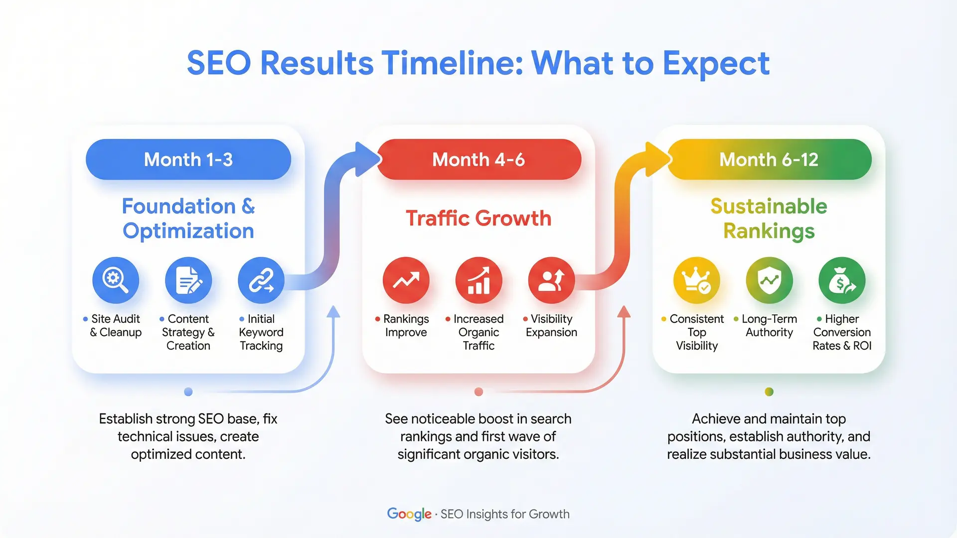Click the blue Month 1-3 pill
tap(188, 159)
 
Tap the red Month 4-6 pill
tap(478, 159)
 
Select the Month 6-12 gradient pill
tap(769, 159)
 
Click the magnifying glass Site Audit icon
tap(116, 280)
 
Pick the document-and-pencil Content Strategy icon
tap(188, 280)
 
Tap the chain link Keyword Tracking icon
tap(261, 280)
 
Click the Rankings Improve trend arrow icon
tap(406, 280)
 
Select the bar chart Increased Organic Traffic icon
tap(478, 280)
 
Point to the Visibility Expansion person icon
tap(551, 280)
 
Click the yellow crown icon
tap(696, 280)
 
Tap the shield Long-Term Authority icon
tap(769, 280)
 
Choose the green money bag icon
tap(842, 280)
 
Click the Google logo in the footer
tap(409, 514)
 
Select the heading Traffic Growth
tap(478, 218)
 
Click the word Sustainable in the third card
tap(769, 206)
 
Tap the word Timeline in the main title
tap(453, 63)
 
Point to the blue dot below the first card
tap(188, 392)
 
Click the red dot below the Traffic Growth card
tap(478, 392)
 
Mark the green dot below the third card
tap(769, 392)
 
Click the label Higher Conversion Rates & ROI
tap(842, 332)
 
